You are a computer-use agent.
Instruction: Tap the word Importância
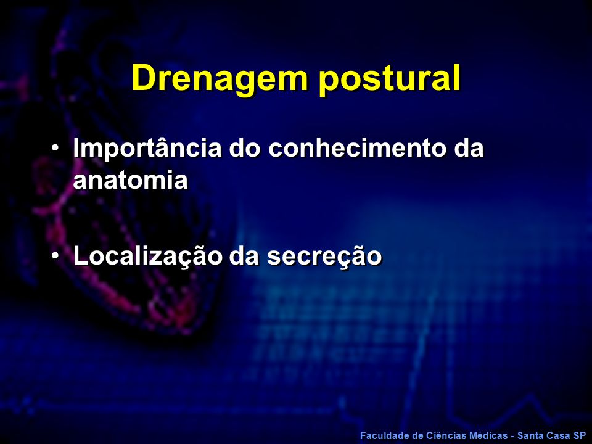click(147, 148)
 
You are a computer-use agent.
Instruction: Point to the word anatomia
click(131, 179)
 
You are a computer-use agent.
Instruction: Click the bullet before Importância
click(55, 147)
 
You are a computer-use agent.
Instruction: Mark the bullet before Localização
click(55, 255)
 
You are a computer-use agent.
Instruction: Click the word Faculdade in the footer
click(382, 436)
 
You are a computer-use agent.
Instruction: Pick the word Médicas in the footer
click(485, 436)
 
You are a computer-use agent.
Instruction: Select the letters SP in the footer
click(580, 436)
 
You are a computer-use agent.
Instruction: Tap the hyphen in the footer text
click(512, 437)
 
